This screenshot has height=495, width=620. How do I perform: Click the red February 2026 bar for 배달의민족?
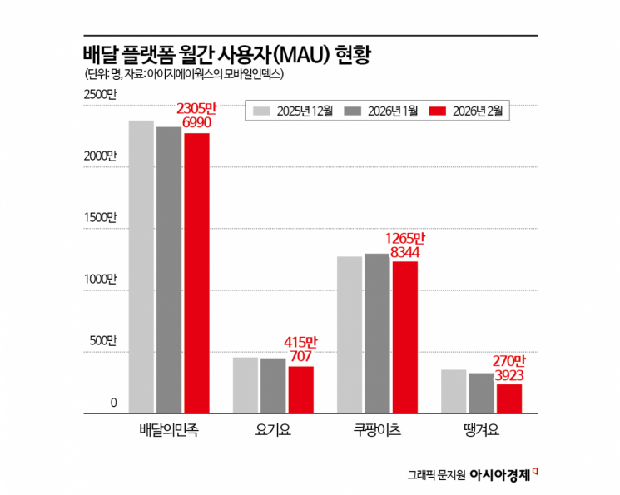click(x=197, y=273)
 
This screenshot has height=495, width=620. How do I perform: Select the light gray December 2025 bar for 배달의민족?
click(x=141, y=267)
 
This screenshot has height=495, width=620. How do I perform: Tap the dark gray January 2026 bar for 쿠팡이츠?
click(x=377, y=333)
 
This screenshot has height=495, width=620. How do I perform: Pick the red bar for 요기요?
click(x=301, y=389)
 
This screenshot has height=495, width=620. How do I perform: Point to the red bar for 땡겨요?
click(x=509, y=398)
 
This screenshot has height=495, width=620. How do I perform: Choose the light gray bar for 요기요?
click(x=246, y=385)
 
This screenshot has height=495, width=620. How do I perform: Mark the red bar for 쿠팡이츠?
click(x=405, y=337)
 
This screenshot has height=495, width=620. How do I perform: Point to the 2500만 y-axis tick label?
click(x=100, y=96)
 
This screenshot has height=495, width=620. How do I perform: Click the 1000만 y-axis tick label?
click(x=100, y=279)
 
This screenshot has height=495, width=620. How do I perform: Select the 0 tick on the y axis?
click(x=113, y=403)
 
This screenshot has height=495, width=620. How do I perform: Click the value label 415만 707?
click(x=300, y=349)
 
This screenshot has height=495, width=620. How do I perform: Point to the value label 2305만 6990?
click(x=196, y=116)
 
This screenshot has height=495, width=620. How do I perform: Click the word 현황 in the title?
click(x=352, y=55)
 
